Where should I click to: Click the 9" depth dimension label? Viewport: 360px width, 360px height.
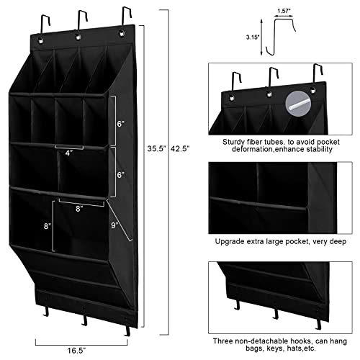tap(115, 225)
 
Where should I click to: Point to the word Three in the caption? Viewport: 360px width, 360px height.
tap(223, 339)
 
